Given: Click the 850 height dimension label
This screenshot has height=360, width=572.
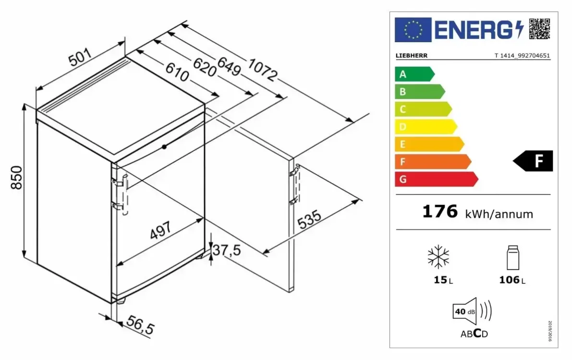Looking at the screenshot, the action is (16, 178).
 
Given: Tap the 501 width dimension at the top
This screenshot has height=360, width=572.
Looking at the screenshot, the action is (80, 57).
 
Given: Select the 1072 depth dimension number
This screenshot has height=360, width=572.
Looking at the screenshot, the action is (263, 70).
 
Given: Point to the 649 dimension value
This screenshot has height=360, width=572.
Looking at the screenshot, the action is (229, 66).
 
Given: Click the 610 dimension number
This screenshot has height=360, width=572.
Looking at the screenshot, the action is (177, 72).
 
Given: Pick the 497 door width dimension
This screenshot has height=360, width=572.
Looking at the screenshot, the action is (160, 230).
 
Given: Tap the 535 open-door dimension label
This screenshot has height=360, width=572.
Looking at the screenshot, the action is (309, 219).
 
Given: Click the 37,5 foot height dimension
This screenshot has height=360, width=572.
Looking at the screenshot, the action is (227, 250).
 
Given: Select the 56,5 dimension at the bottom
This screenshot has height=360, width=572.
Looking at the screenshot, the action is (140, 324).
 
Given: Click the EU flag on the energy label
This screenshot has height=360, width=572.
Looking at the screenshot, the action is (413, 30).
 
